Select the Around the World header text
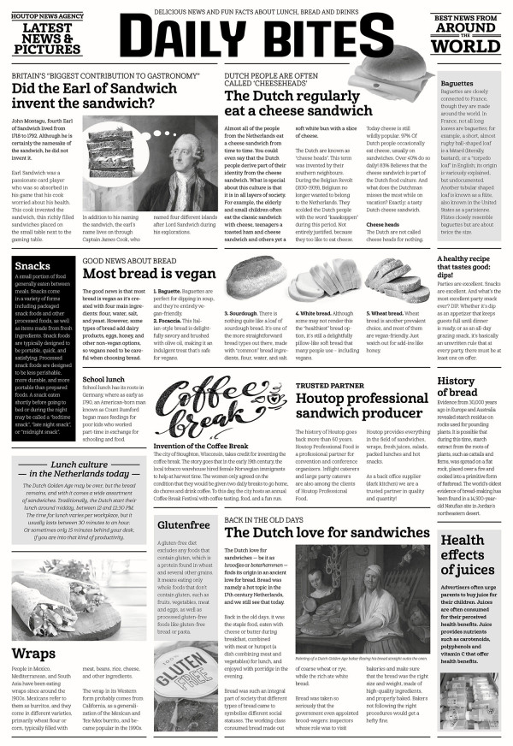pyautogui.click(x=466, y=38)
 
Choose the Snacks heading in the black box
pyautogui.click(x=32, y=266)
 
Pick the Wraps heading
pyautogui.click(x=34, y=654)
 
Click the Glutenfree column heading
pyautogui.click(x=184, y=524)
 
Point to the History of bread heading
pyautogui.click(x=457, y=387)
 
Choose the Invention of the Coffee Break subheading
pyautogui.click(x=202, y=447)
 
